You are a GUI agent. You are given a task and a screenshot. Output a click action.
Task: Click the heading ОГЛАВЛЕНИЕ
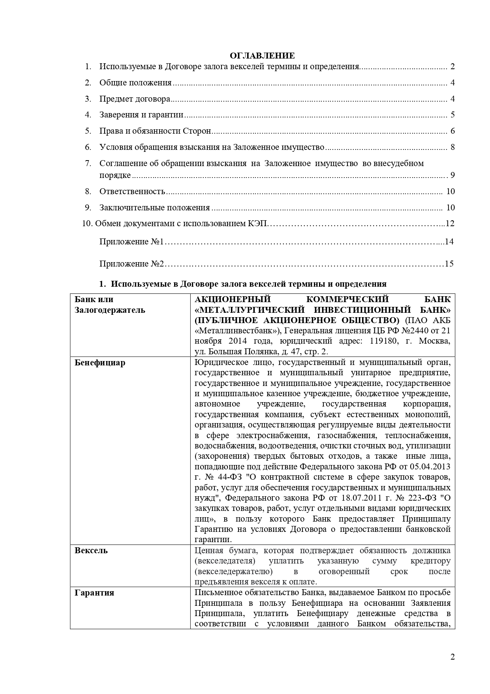tap(262, 55)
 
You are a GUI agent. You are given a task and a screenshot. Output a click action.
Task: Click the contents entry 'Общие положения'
tap(135, 83)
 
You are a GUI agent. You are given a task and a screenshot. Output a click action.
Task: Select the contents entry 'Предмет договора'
tap(135, 99)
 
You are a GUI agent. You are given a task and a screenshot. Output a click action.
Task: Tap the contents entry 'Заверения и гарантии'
tap(141, 115)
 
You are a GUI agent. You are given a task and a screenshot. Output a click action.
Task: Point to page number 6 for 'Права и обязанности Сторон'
tap(452, 131)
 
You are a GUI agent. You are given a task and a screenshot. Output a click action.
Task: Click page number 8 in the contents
tap(452, 147)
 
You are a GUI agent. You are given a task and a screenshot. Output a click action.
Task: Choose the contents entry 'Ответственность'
tap(132, 192)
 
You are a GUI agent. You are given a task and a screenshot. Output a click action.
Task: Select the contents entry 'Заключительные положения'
tap(154, 208)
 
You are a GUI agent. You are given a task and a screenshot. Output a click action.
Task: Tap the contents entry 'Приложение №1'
tap(131, 242)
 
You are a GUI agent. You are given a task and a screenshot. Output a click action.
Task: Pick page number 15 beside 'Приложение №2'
tap(449, 264)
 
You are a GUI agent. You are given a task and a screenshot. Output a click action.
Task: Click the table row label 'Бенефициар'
tap(100, 363)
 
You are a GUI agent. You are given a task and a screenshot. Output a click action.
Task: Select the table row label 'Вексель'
tap(91, 550)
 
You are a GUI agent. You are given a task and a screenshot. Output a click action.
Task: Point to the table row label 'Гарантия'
tap(94, 593)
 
